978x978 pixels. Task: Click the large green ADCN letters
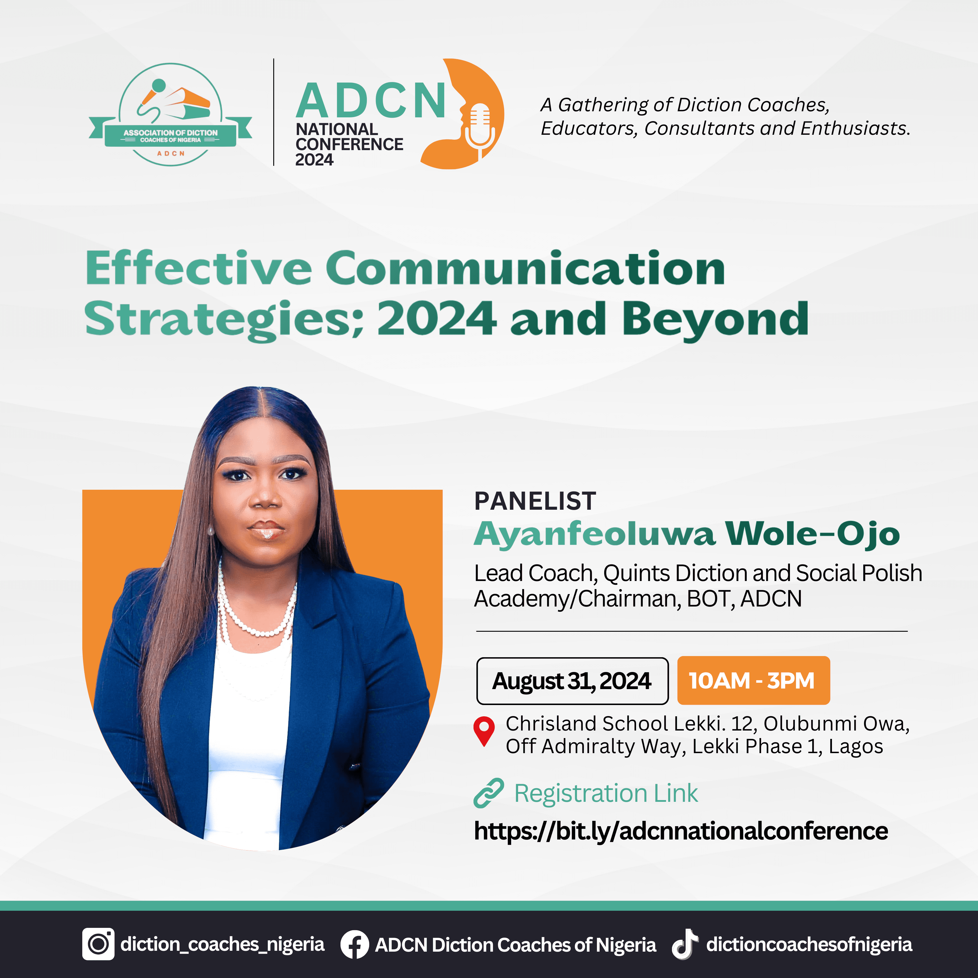371,101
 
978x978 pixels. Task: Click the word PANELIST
535,501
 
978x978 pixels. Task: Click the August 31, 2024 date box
572,681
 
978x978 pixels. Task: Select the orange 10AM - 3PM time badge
753,681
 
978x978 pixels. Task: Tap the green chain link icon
489,793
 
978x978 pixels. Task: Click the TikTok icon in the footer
684,944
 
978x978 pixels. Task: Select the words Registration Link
606,793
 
